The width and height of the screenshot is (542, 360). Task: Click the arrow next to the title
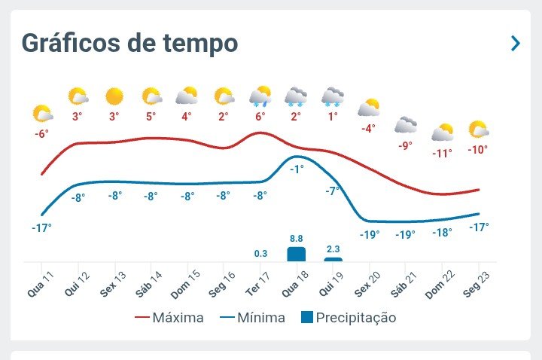tap(516, 43)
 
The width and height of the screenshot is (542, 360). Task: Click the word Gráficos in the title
tap(71, 44)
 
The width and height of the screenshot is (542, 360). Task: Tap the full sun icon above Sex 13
tap(114, 96)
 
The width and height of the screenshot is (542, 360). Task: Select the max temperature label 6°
tap(260, 117)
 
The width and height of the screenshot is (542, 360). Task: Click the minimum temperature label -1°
tap(297, 169)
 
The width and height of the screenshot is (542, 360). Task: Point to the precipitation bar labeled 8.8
tap(297, 254)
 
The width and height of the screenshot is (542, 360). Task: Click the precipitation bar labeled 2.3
tap(333, 259)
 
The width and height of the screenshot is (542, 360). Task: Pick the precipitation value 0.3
tap(260, 254)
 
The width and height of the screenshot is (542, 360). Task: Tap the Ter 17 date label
tap(257, 284)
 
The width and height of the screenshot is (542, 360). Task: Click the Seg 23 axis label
tap(477, 284)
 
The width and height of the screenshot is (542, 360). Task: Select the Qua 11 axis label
tap(41, 284)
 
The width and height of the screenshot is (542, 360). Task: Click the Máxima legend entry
tap(169, 318)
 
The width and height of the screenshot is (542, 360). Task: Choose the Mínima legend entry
tap(252, 318)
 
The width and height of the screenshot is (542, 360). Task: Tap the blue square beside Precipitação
tap(307, 317)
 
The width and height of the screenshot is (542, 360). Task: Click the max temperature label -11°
tap(442, 153)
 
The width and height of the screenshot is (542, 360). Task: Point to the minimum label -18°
tap(442, 233)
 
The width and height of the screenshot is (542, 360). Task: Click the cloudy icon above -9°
tap(406, 125)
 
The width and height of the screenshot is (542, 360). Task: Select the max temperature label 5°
tap(151, 117)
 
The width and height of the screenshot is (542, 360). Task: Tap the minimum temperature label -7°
tap(333, 191)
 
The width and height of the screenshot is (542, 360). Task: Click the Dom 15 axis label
tap(185, 284)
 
